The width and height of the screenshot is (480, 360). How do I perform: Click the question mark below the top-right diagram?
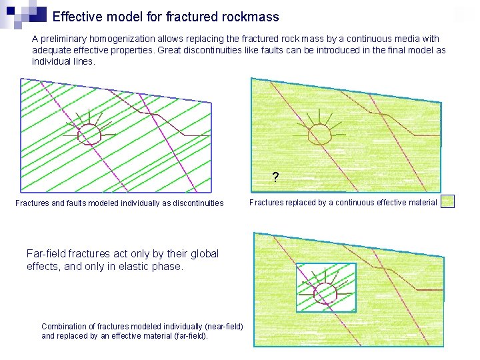(275, 178)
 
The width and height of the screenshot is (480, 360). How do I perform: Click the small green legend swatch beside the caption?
(447, 201)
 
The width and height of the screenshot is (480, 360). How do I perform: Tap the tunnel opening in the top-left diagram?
(89, 135)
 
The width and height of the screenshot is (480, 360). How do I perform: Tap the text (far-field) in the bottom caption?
(189, 336)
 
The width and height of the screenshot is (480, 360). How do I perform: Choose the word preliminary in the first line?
(65, 39)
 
